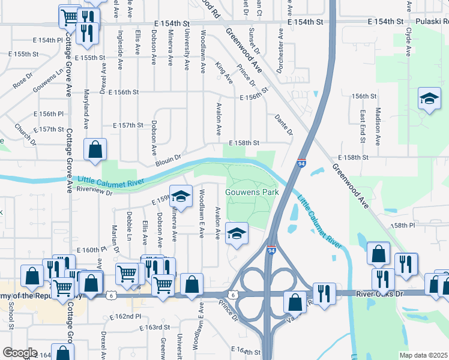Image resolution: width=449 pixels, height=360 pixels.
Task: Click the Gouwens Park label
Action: coord(252,193)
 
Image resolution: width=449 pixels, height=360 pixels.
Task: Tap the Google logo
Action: coord(20,353)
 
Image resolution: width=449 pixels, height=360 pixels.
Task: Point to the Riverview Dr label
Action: coord(95,190)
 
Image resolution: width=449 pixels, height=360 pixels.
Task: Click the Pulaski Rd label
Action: coord(432,21)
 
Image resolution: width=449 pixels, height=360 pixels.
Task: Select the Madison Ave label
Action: coord(378,127)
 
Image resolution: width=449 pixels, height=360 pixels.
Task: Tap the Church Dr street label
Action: coord(25,135)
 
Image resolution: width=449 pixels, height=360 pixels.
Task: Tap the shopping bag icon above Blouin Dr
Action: coord(95,151)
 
